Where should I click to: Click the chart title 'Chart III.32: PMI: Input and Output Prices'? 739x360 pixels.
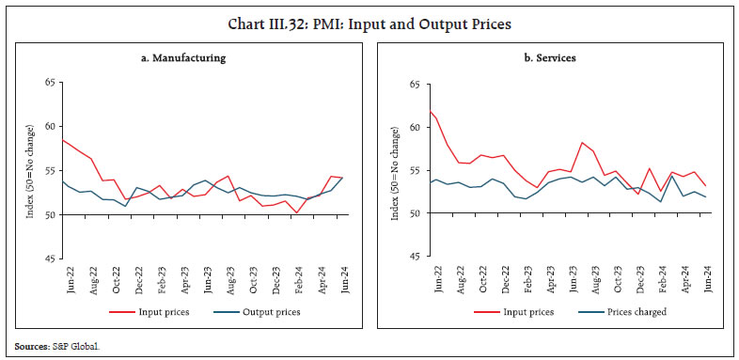click(369, 23)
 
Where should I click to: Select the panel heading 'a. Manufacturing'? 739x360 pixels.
click(186, 57)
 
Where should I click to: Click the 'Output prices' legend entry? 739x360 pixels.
click(262, 312)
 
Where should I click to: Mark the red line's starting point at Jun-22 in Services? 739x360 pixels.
click(430, 112)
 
